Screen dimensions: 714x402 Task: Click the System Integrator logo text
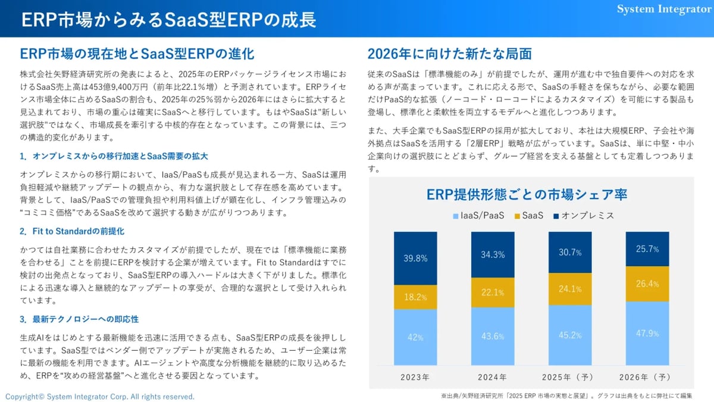pos(664,9)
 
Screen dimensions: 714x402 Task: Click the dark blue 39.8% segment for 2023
pos(415,258)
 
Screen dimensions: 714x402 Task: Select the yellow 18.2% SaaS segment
pos(415,297)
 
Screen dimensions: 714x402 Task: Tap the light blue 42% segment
pos(415,337)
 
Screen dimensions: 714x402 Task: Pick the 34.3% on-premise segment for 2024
pos(493,255)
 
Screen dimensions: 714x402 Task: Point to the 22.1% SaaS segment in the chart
pos(493,292)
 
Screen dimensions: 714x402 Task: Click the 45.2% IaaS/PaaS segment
pos(570,335)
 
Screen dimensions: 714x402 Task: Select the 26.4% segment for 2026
pos(647,284)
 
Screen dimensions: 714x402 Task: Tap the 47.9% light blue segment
pos(647,334)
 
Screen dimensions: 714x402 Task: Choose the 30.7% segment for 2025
pos(570,253)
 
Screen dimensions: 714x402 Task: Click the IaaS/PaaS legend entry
pos(479,216)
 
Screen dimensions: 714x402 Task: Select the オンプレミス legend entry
pos(584,216)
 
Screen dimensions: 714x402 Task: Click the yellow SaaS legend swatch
pos(517,216)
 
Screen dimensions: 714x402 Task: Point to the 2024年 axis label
pos(493,377)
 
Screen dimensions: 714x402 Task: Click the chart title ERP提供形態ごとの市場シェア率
pos(527,195)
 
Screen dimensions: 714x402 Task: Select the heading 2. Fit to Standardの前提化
pos(72,231)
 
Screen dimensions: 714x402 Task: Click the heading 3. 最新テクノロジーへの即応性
pos(79,319)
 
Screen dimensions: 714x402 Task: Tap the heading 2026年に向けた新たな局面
pos(450,54)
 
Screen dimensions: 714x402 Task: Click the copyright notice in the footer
pos(100,397)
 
